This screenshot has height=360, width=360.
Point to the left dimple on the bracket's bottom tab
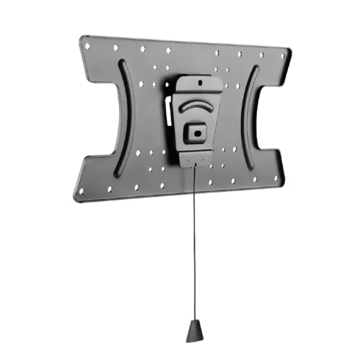pos(188,160)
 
